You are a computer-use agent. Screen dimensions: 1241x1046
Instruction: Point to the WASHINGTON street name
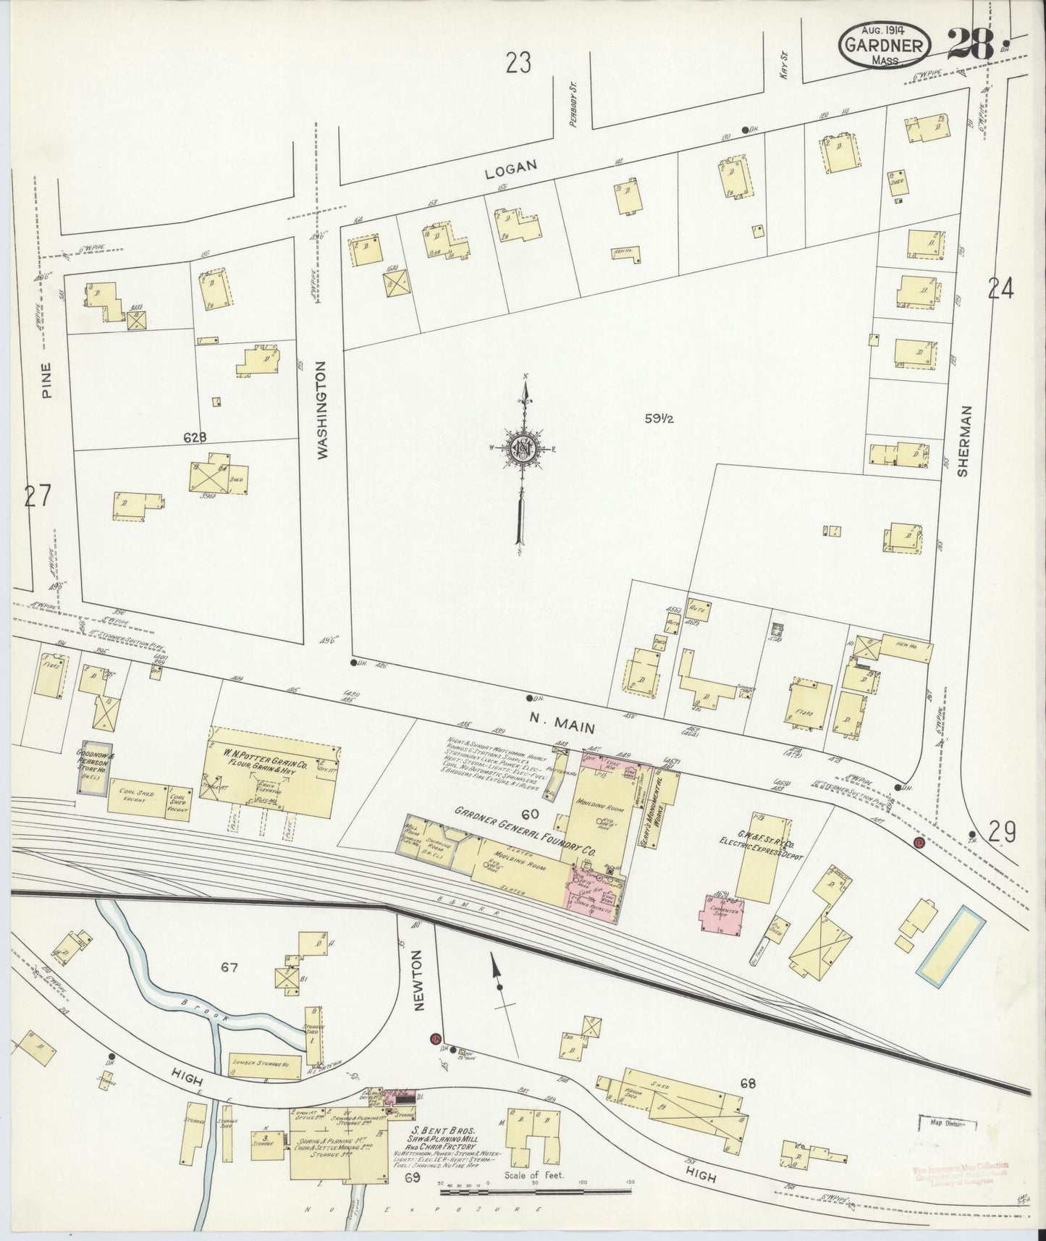323,411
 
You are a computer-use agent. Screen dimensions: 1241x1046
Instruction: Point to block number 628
195,437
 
